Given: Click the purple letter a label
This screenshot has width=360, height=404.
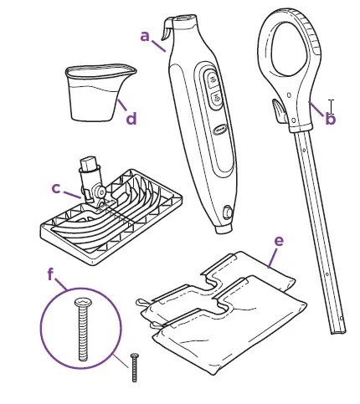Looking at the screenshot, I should [x=145, y=36].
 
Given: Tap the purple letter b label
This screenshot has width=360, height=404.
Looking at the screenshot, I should [x=330, y=120].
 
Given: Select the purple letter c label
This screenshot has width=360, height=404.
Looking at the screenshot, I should [x=56, y=188].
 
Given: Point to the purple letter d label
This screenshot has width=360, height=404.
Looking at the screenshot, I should [x=131, y=119].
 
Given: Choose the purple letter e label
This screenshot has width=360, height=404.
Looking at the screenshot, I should [x=278, y=241].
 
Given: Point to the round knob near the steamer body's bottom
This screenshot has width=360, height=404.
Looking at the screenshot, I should [x=228, y=212].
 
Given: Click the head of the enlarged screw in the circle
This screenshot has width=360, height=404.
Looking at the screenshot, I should [x=81, y=302].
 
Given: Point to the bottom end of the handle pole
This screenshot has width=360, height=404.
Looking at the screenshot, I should [x=337, y=328].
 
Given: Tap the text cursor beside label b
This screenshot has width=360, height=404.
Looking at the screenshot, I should [x=332, y=106].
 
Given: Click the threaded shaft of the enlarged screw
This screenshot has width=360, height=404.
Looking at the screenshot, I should [x=82, y=335].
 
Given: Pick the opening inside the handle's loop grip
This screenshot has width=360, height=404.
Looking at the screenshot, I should [x=285, y=59].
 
